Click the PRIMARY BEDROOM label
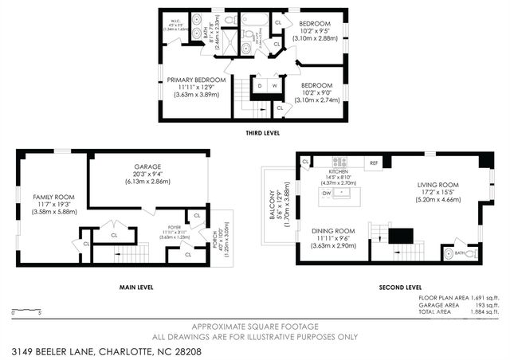click(196, 80)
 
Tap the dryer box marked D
click(260, 84)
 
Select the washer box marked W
click(275, 84)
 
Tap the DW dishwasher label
click(327, 193)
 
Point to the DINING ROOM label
click(332, 231)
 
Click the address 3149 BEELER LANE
click(53, 350)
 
